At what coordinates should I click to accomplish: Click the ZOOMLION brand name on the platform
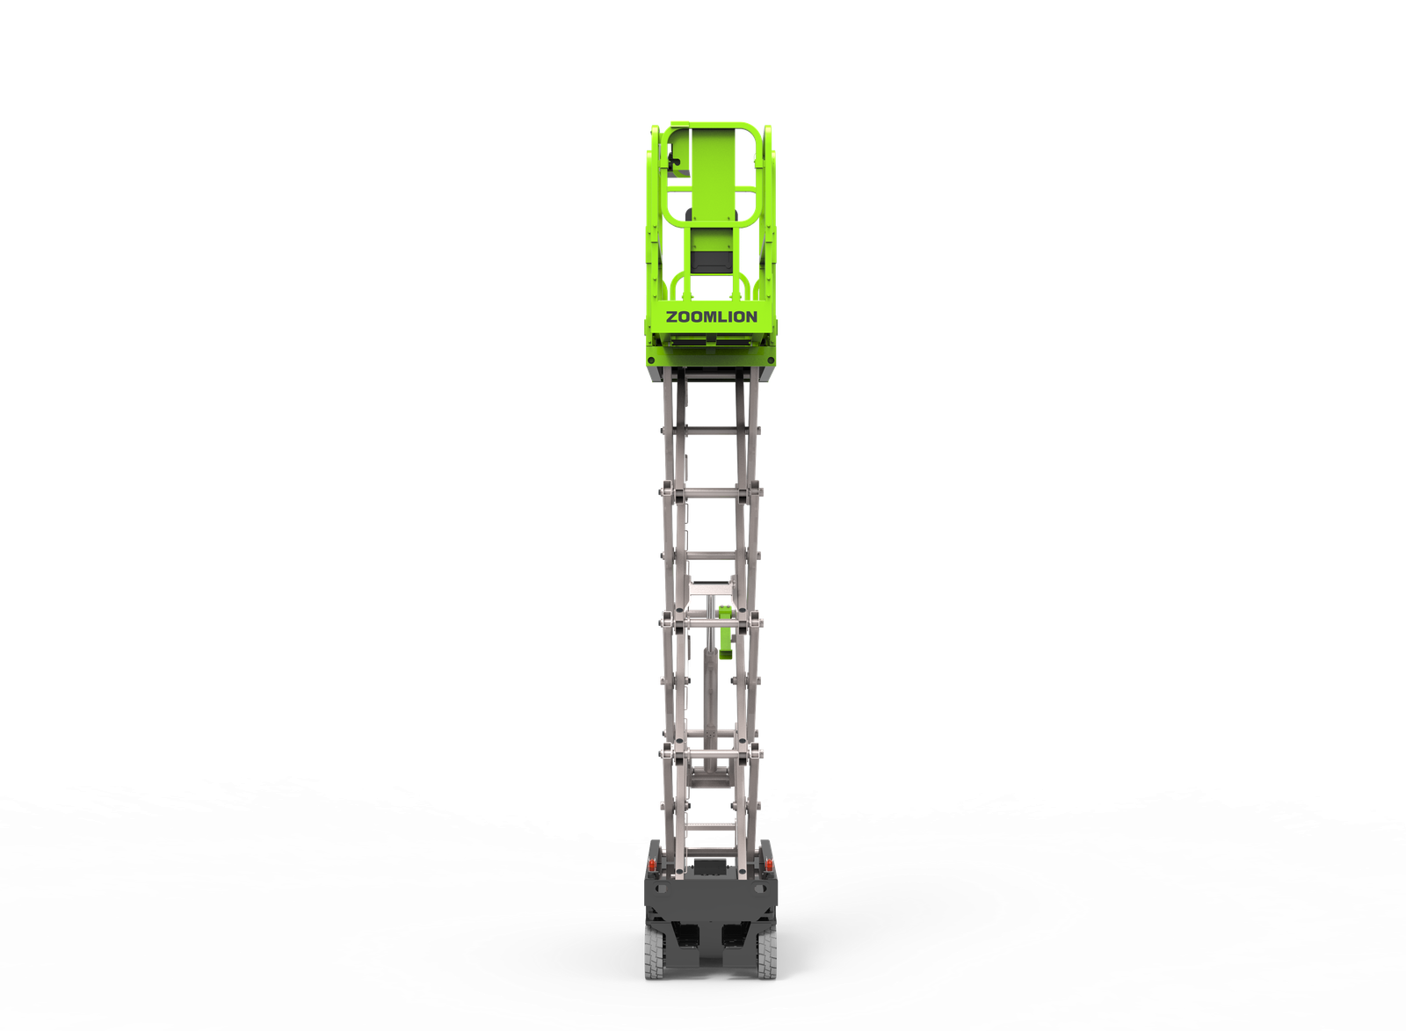[x=711, y=317]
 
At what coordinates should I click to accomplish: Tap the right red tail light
[x=769, y=866]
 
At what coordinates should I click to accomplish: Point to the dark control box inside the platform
[x=711, y=263]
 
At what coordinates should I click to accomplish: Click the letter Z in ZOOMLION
[x=670, y=317]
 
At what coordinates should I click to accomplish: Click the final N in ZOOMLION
[x=752, y=317]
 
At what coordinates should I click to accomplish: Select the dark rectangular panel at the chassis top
[x=710, y=868]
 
